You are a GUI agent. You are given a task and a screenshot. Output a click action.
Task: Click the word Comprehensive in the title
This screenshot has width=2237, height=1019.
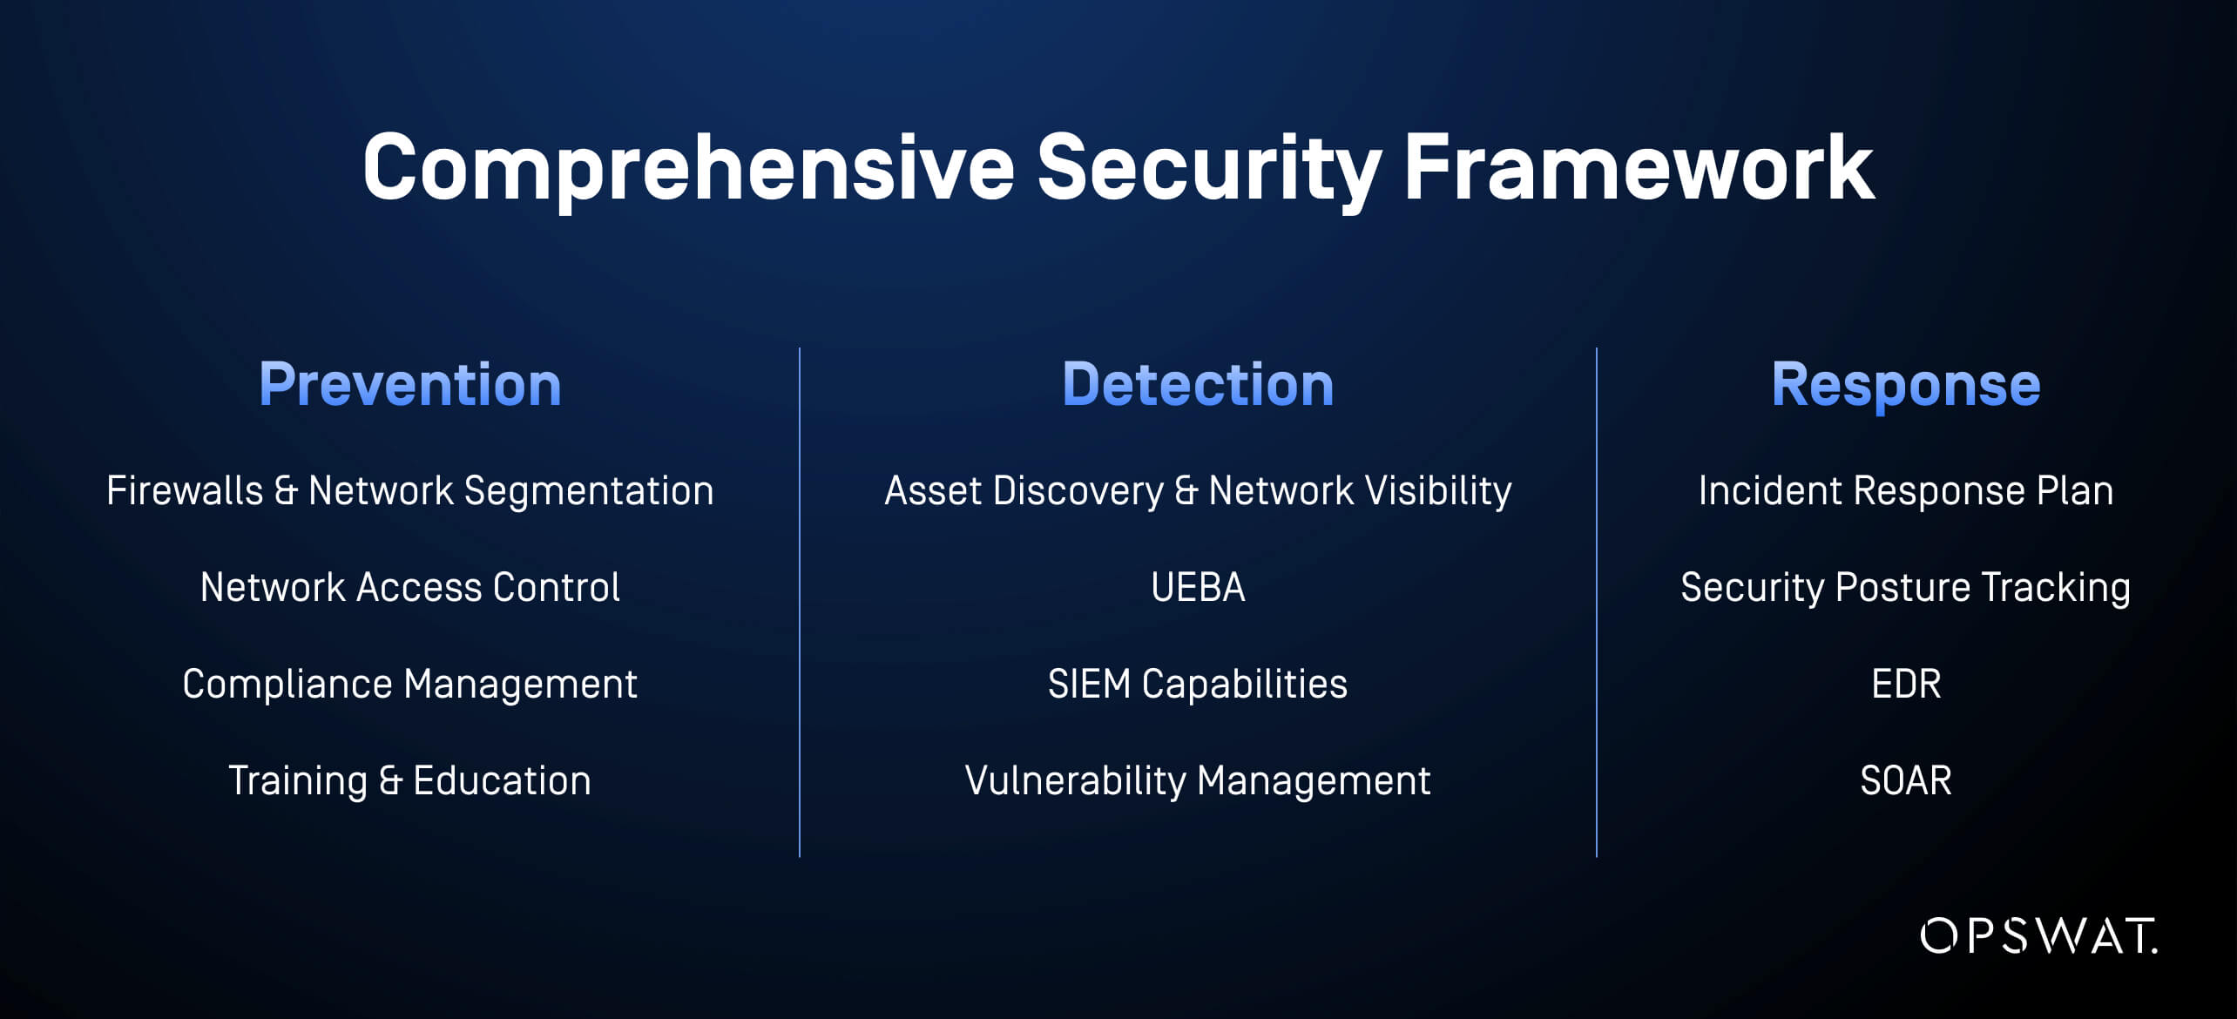click(689, 170)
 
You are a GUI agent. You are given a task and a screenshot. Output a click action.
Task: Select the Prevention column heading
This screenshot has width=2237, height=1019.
click(410, 384)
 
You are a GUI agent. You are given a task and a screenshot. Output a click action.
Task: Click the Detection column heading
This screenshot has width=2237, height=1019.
click(1198, 384)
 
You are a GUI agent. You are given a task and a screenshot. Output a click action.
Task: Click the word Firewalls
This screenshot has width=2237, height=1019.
click(185, 490)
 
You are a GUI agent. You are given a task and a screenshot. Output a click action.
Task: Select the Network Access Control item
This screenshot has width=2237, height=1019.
click(410, 587)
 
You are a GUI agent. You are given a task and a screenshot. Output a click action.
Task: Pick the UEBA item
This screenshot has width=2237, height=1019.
click(1198, 587)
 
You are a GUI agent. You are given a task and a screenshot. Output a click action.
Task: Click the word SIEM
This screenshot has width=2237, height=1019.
click(1089, 684)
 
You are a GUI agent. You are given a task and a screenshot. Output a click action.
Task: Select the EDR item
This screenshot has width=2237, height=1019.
click(1906, 684)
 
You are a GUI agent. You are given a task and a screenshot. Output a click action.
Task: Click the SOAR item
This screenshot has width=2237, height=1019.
click(1906, 780)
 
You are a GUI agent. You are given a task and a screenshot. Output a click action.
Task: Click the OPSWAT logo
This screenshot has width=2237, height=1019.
click(2038, 935)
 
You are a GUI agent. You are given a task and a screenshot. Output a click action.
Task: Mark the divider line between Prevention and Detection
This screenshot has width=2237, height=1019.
click(800, 603)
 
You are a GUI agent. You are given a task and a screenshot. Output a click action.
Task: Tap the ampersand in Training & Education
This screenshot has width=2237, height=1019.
click(390, 781)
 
